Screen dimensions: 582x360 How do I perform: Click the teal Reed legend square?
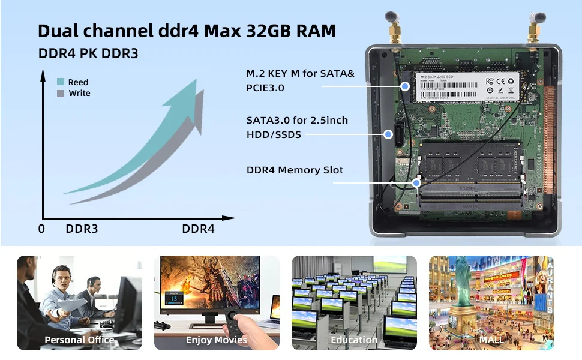pos(61,82)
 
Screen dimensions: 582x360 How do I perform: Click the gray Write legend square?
pos(61,93)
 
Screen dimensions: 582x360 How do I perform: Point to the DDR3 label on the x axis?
pos(82,229)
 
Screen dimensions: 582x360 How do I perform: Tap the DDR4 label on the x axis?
pos(198,229)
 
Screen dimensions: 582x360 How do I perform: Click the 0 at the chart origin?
pos(41,229)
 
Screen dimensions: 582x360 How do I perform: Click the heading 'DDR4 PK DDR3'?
pos(88,53)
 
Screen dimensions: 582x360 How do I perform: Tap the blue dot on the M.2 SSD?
pos(406,86)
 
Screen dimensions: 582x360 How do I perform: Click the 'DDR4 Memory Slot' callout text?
pos(295,170)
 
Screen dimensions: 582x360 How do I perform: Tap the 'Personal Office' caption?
pos(79,340)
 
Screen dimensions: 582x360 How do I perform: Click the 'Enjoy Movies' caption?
pos(217,340)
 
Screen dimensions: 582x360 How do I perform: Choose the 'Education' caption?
pos(354,340)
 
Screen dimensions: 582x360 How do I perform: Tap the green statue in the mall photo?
pos(461,279)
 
